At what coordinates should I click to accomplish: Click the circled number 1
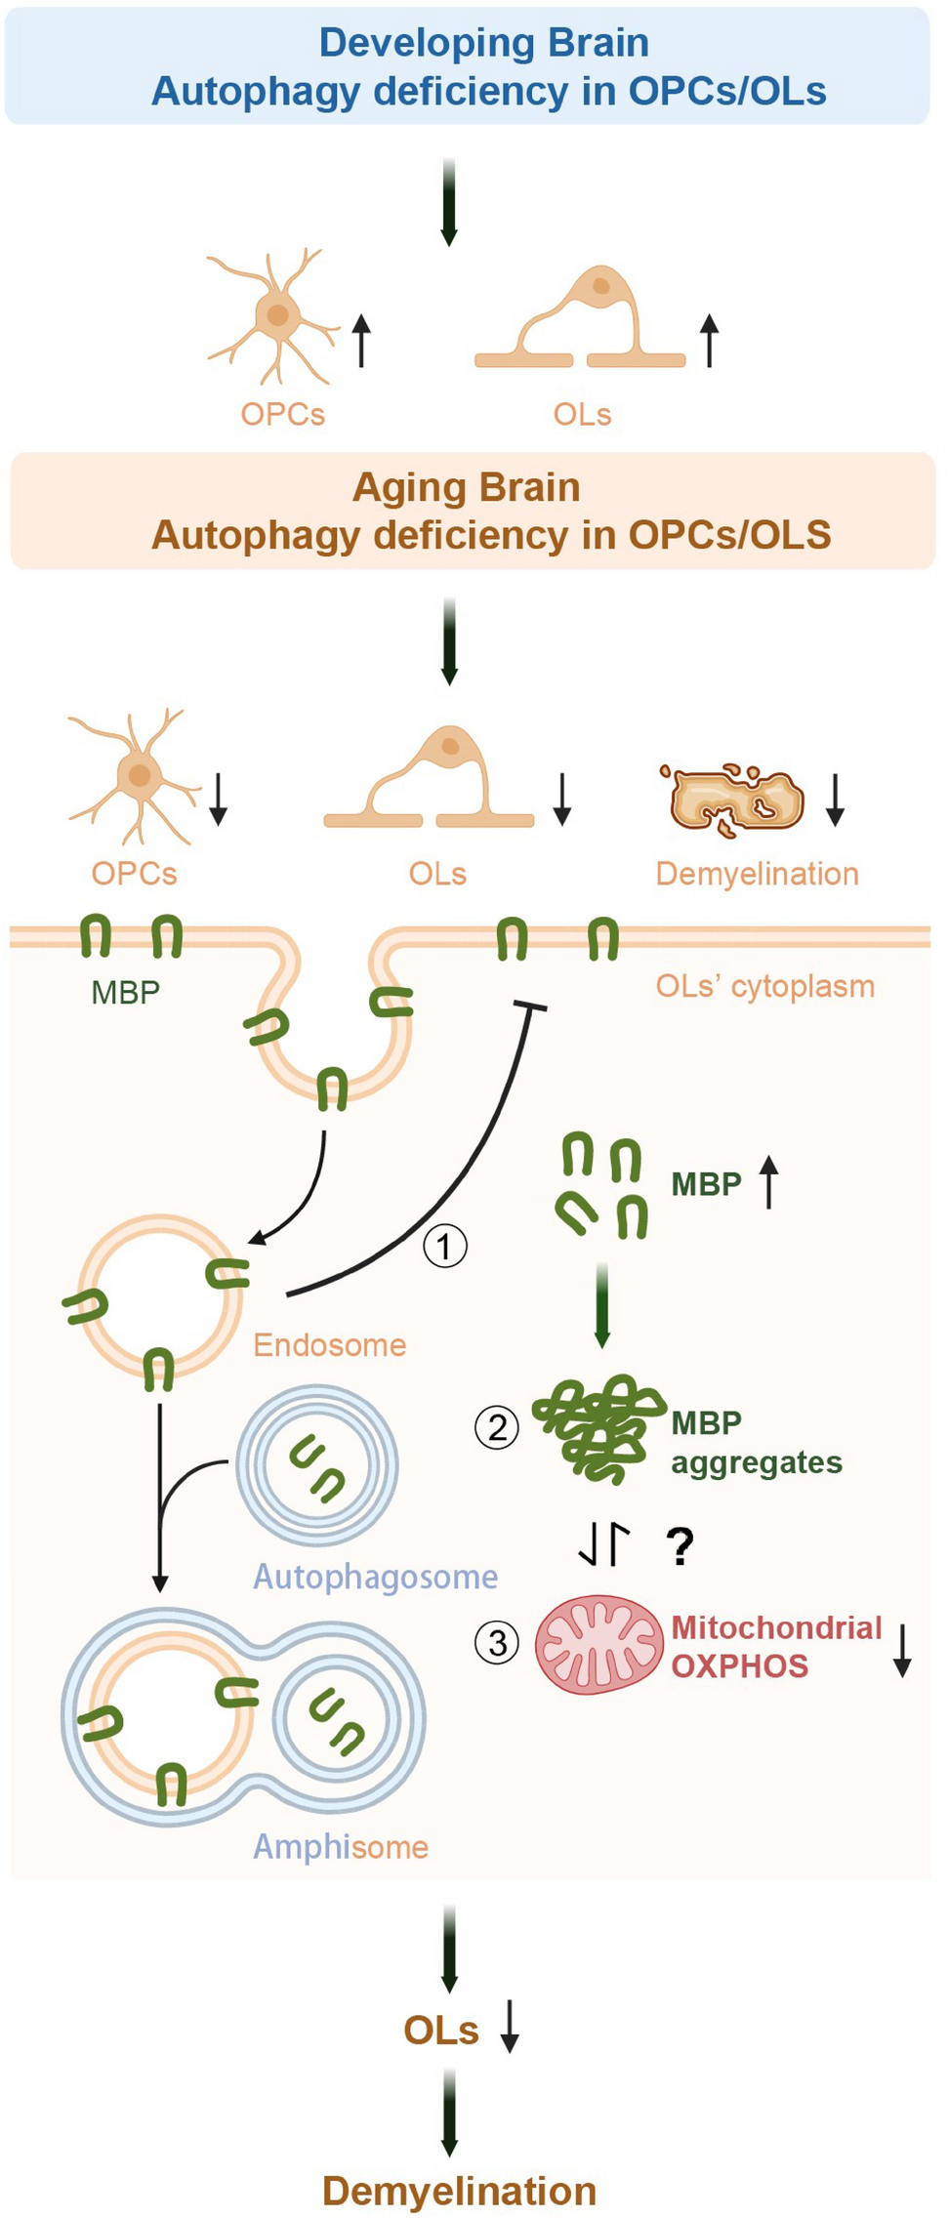[x=445, y=1246]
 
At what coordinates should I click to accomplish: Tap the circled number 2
[x=497, y=1428]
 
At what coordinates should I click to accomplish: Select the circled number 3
[x=497, y=1642]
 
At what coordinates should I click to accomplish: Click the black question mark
[x=680, y=1546]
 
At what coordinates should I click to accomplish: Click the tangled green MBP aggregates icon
[x=598, y=1427]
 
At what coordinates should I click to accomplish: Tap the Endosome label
[x=329, y=1345]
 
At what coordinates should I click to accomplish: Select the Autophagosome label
[x=375, y=1577]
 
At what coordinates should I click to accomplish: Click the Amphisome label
[x=341, y=1847]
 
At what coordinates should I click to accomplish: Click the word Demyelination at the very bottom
[x=459, y=2191]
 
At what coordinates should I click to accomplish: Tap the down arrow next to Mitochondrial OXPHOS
[x=903, y=1650]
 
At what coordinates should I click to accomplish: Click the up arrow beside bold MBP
[x=769, y=1181]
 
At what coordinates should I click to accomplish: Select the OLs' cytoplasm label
[x=764, y=986]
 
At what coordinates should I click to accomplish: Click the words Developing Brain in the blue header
[x=484, y=43]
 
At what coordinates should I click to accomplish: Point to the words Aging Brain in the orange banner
[x=467, y=487]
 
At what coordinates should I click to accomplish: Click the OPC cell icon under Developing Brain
[x=276, y=314]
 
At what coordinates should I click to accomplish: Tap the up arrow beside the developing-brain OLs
[x=710, y=340]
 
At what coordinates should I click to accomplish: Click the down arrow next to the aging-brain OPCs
[x=219, y=800]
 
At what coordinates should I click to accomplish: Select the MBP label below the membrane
[x=125, y=992]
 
